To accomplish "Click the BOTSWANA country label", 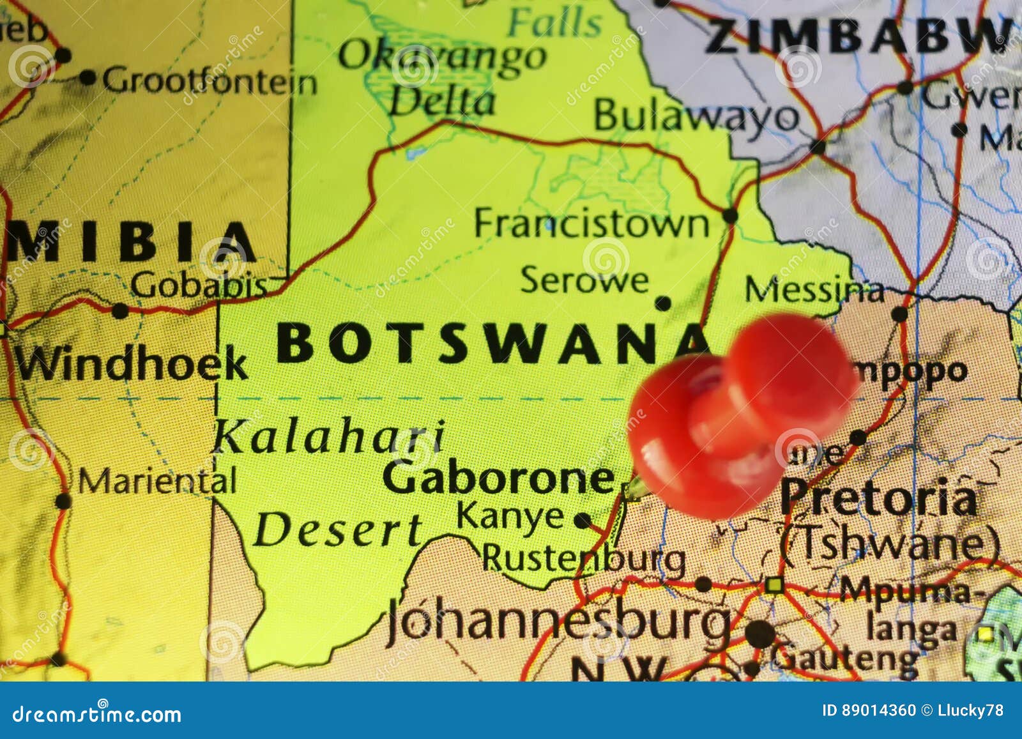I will (492, 343).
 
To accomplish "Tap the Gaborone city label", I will (498, 478).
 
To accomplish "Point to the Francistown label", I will (591, 224).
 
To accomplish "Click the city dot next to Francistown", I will (729, 215).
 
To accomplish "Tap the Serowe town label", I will (584, 280).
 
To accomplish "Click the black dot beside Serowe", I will (663, 303).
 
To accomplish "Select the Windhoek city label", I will (131, 363).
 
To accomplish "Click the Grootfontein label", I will (210, 82).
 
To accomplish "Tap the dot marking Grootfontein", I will (88, 79).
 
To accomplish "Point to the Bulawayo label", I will (696, 116).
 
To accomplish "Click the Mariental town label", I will (157, 481).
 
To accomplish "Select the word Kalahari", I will (328, 437).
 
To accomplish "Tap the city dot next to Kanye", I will (582, 521).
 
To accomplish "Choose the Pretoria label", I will (878, 498).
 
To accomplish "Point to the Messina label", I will (814, 290).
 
